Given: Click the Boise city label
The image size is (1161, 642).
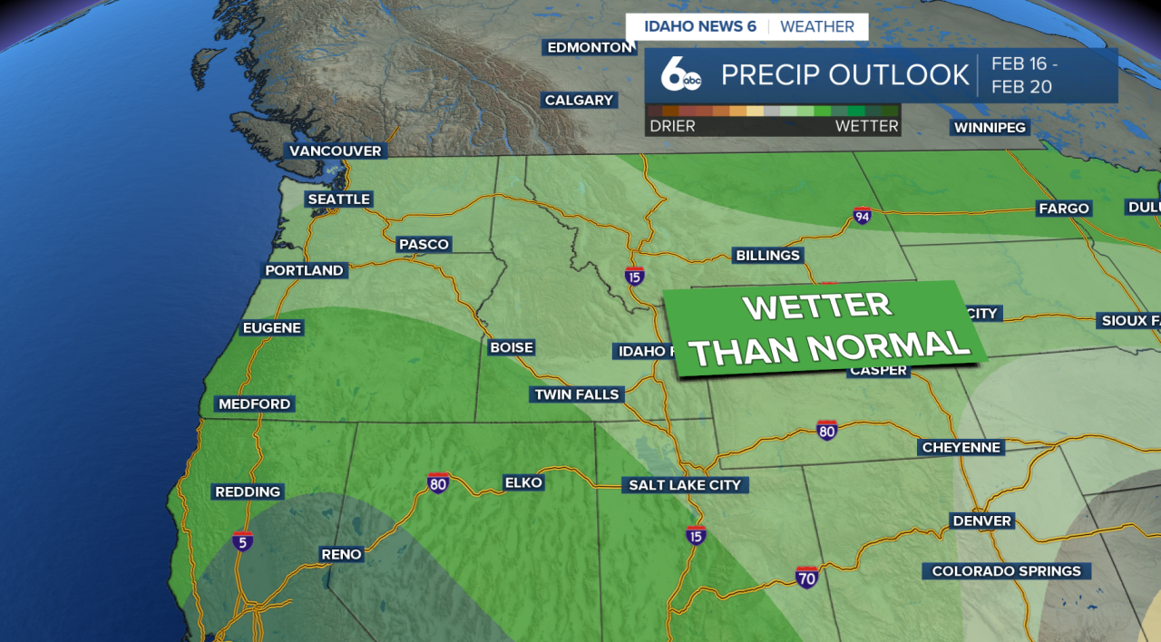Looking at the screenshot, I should coord(512,347).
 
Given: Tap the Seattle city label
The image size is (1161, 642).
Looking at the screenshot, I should coord(338,199).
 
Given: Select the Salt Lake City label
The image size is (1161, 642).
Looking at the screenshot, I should coord(685,485).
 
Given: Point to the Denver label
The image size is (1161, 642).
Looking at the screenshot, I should coord(981,520).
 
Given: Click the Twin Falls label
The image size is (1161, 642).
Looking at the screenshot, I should coord(577,394).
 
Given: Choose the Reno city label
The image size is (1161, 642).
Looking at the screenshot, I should coord(341,554).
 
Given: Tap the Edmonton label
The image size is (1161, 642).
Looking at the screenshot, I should coord(590,47).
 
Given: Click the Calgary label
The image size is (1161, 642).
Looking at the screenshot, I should coord(579,100).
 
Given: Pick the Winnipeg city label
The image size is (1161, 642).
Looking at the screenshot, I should coord(990,128).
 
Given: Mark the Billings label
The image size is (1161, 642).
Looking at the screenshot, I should coord(767,255).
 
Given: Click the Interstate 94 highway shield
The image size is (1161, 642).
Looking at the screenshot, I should coord(863,216).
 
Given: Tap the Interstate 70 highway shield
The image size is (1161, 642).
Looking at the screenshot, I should coord(806,577).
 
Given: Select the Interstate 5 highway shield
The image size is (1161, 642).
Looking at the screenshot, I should coord(241,541).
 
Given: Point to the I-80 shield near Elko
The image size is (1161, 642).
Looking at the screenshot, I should coord(438,482).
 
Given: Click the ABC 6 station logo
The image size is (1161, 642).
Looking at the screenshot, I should coord(679,75).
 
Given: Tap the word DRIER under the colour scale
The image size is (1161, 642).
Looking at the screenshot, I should coord(672,126).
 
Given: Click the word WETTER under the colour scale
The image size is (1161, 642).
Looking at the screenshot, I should coord(866,126).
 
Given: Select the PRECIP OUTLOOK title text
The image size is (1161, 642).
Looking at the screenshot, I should coord(844,74).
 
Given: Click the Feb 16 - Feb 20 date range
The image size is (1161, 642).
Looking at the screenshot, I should coord(1024,75).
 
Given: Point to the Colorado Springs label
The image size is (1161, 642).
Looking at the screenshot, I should coord(1007,571).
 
